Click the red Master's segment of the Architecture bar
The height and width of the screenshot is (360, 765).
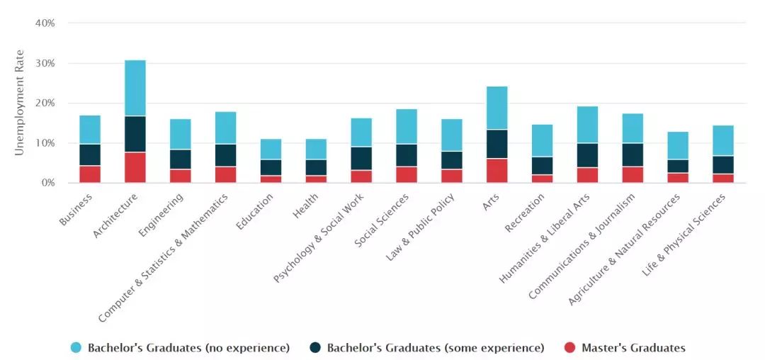coord(135,167)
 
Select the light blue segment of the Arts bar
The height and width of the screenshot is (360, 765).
coord(497,108)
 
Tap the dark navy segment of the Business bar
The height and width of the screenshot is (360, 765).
coord(90,154)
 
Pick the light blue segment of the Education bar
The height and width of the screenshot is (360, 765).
coord(271,149)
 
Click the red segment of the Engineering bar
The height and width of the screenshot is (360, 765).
coord(181,176)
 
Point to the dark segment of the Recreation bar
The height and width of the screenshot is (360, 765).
coord(542,165)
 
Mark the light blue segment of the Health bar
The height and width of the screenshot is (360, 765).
coord(316,149)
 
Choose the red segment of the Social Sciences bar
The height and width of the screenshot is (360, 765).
coord(407,174)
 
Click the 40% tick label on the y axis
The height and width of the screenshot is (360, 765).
coord(45,23)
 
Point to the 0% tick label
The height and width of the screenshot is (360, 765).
coord(47,183)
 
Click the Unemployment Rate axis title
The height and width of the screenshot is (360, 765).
coord(19,103)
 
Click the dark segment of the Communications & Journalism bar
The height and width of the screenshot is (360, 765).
coord(633,154)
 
